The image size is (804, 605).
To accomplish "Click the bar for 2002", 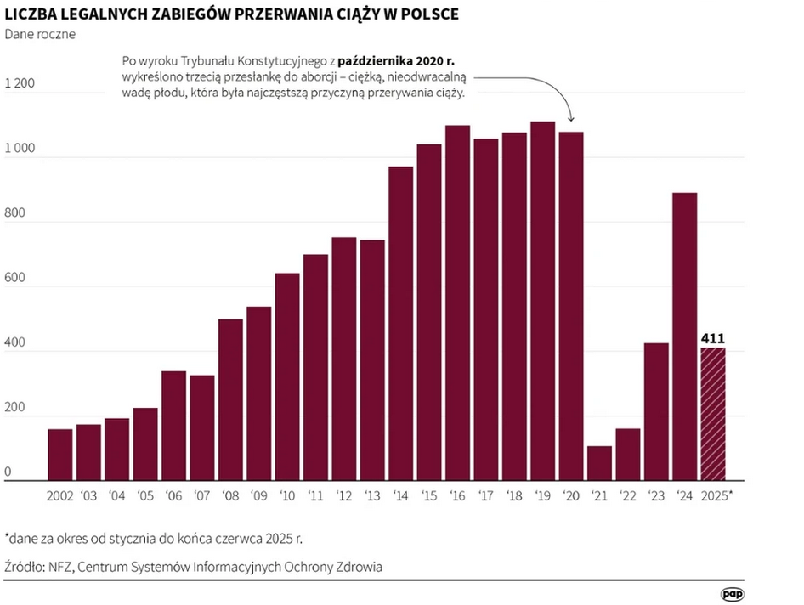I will [59, 455].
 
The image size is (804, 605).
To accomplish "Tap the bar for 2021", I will [599, 463].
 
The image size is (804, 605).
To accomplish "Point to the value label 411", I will [712, 339].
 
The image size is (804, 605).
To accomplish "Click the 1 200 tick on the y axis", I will [20, 84].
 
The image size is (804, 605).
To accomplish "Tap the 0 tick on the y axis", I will [9, 472].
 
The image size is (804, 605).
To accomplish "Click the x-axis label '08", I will [230, 495].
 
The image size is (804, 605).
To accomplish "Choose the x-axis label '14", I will [400, 495].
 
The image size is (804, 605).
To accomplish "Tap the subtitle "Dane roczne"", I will [40, 35].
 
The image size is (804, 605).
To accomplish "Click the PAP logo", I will [733, 596].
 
